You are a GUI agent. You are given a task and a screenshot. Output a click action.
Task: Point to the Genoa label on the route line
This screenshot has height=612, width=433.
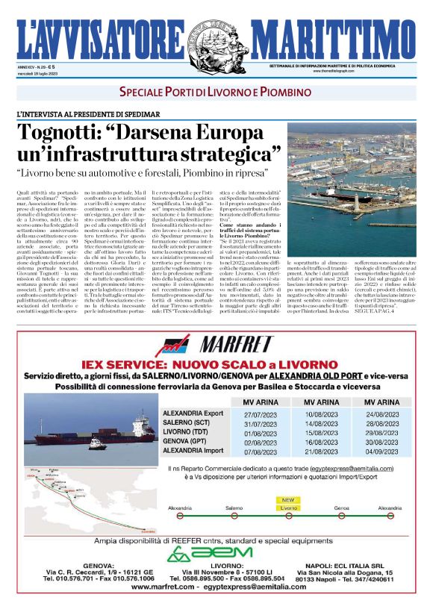coord(342,508)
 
